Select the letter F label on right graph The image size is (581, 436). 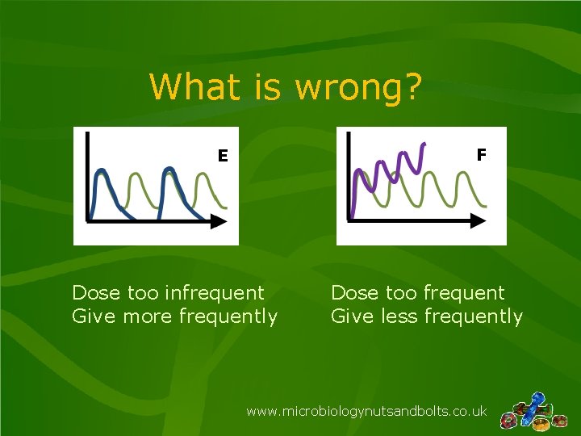[x=481, y=153]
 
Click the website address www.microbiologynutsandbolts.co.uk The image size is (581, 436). [x=366, y=411]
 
